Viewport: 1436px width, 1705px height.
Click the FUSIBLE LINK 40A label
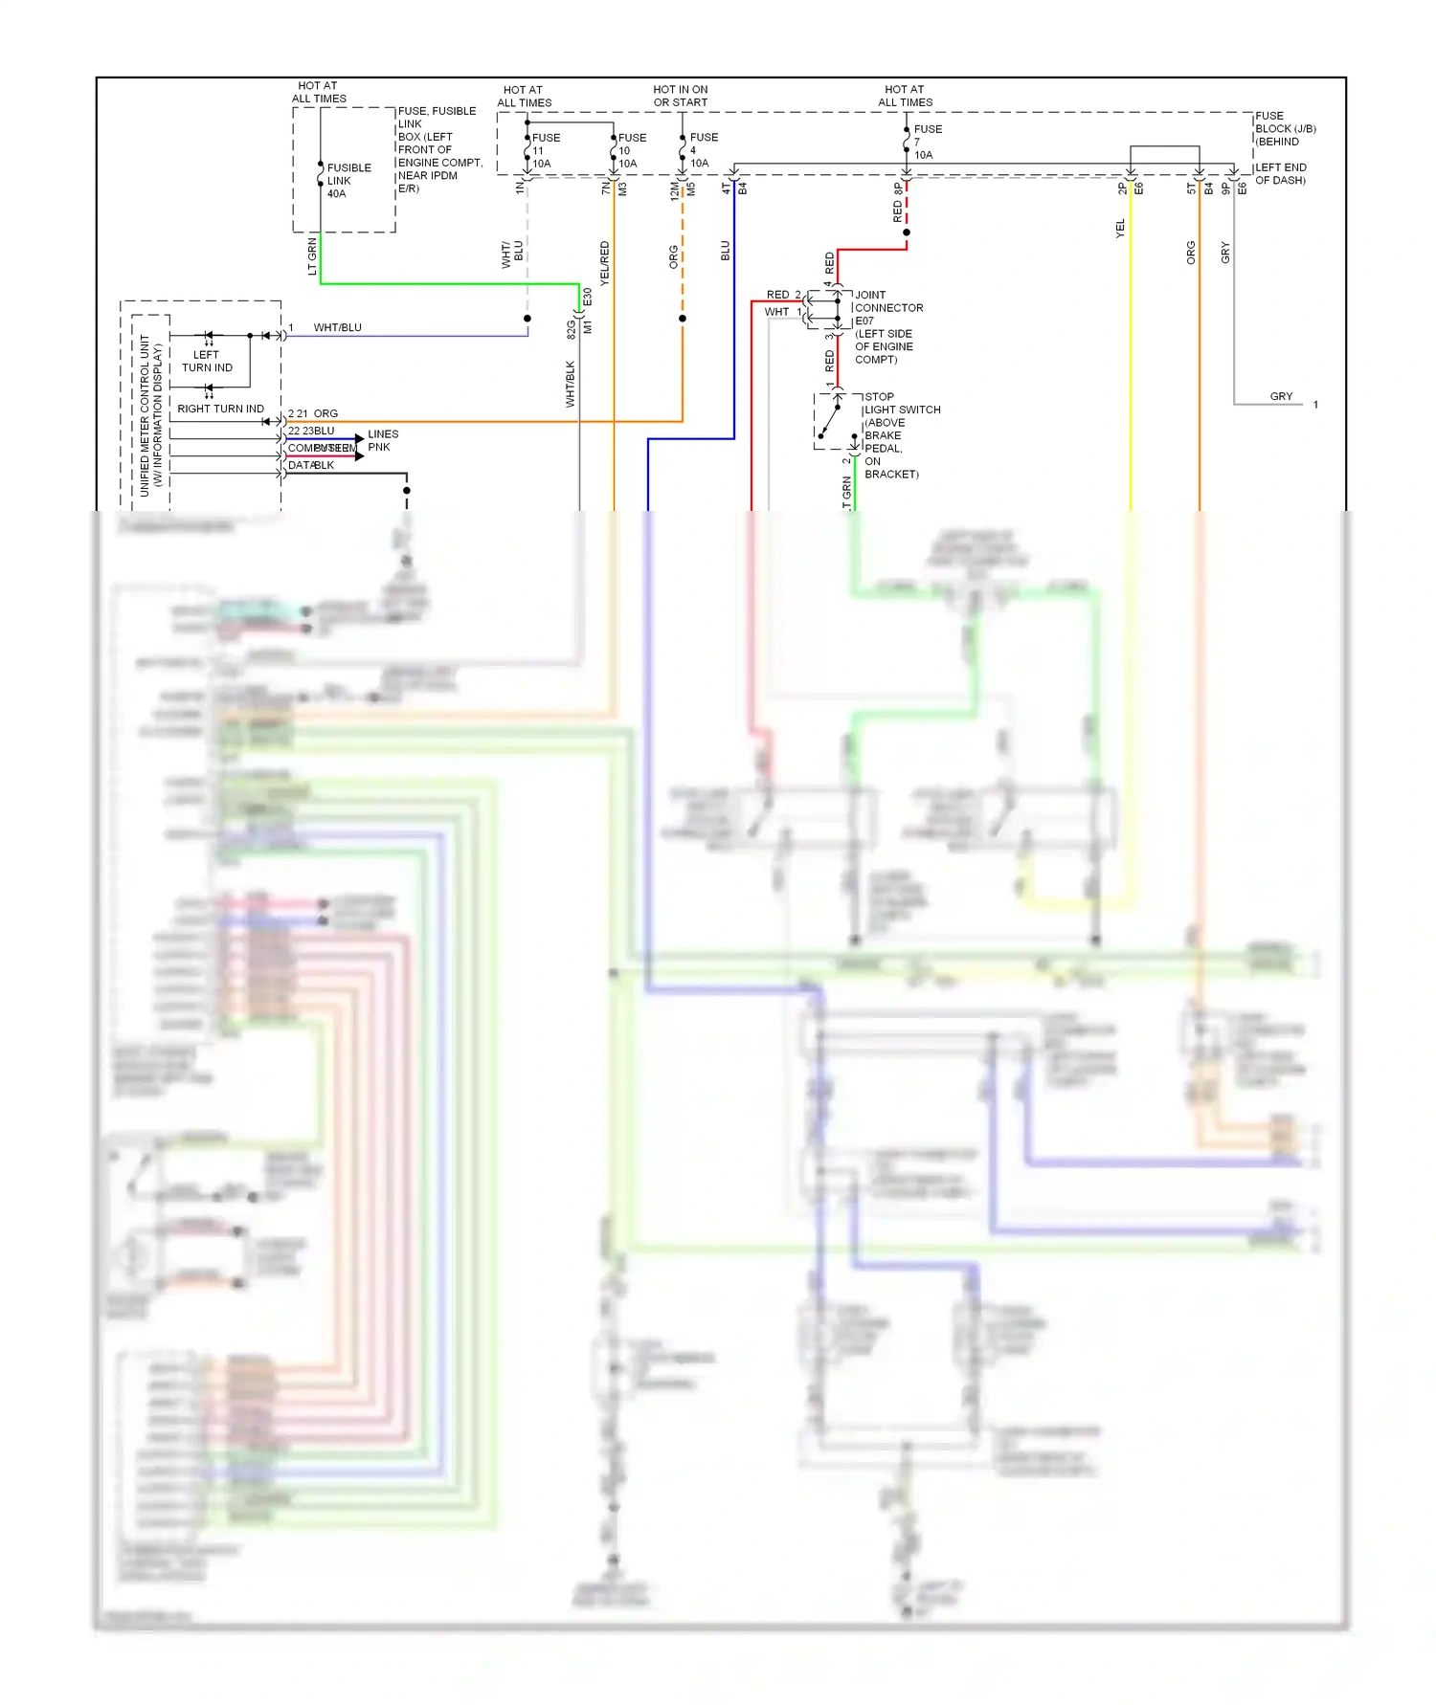tap(348, 181)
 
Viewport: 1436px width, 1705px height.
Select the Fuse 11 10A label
tap(545, 150)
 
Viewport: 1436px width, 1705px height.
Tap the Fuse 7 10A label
tap(927, 142)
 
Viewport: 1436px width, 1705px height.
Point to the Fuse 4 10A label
tap(703, 150)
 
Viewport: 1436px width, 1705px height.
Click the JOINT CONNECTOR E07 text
tap(888, 308)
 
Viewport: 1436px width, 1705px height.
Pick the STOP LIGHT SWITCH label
tap(901, 403)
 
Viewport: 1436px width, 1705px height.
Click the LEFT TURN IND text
tap(207, 361)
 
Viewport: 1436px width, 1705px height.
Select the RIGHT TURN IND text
tap(220, 409)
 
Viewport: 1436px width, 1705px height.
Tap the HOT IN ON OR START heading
tap(680, 96)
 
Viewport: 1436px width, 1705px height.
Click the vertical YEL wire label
tap(1120, 229)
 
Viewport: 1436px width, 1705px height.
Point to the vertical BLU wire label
tap(726, 251)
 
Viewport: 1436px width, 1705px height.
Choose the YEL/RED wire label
tap(605, 263)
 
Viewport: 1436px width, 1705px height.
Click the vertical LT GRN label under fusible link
tap(312, 256)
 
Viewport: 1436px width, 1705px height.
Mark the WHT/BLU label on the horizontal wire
tap(337, 327)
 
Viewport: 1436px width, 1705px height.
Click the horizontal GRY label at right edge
tap(1281, 396)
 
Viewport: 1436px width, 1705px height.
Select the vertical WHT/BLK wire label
tap(571, 384)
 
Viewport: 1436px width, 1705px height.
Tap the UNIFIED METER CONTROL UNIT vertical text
tap(151, 414)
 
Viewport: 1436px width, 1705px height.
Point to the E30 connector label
tap(588, 298)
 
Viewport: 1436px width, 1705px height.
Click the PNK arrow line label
tap(379, 447)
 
